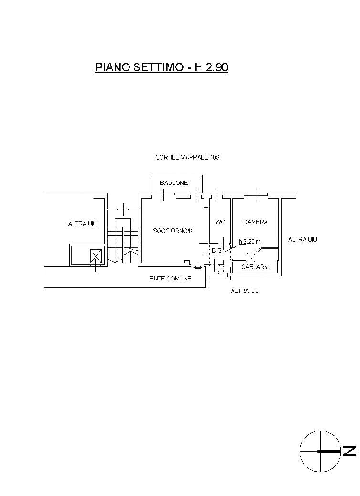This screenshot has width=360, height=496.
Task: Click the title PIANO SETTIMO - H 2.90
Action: click(161, 67)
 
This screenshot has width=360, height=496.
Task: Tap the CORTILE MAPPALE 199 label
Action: click(187, 157)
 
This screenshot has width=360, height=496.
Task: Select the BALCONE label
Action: click(174, 183)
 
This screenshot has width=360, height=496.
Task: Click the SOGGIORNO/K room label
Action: click(172, 231)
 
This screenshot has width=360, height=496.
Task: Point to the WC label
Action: click(220, 222)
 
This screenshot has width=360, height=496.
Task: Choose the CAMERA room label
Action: click(255, 222)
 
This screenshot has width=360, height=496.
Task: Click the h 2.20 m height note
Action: click(250, 242)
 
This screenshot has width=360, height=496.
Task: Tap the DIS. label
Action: click(217, 251)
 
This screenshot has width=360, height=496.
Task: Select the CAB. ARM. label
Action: click(255, 267)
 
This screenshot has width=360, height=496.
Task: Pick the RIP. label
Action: click(220, 272)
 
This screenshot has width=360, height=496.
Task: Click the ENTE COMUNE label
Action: click(170, 279)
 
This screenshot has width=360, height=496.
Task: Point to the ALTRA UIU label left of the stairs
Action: click(83, 224)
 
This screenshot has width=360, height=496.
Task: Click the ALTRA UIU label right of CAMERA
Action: click(303, 240)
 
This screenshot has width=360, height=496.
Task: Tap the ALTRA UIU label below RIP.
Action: click(245, 291)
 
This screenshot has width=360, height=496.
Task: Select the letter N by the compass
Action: click(349, 451)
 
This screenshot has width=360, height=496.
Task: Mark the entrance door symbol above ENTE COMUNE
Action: click(198, 267)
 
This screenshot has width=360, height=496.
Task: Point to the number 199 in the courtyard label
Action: click(214, 157)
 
